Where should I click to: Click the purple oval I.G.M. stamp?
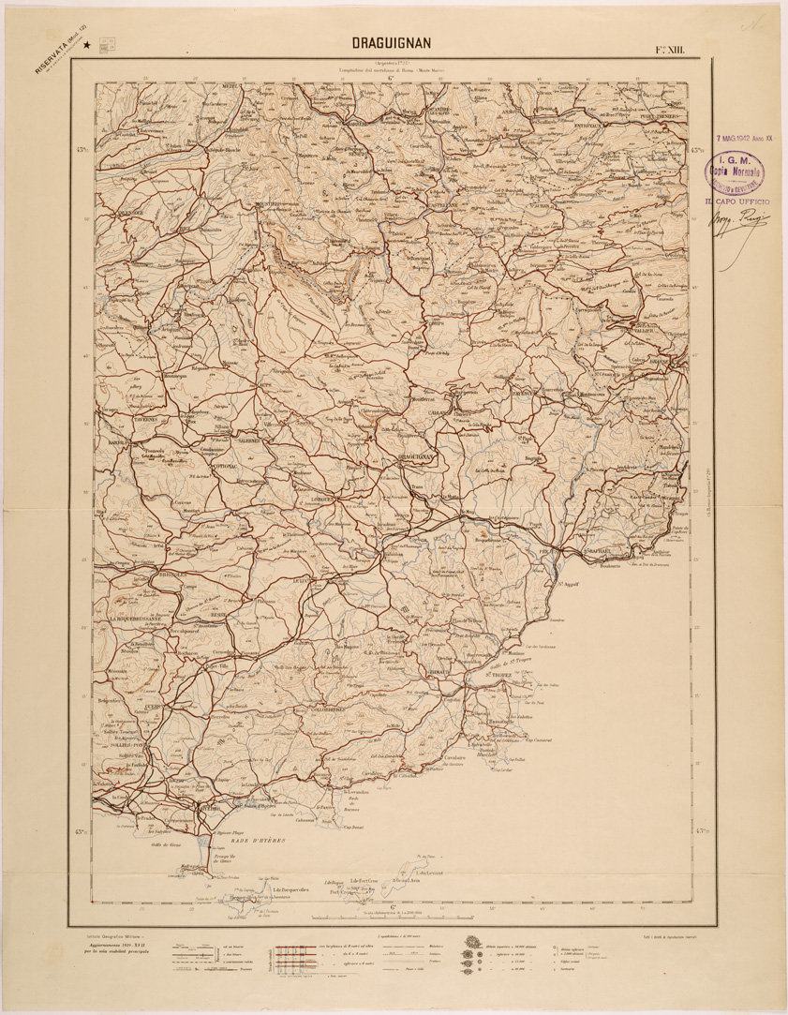tap(736, 172)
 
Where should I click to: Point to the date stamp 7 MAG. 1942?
tap(746, 137)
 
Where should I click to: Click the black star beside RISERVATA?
tap(87, 43)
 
